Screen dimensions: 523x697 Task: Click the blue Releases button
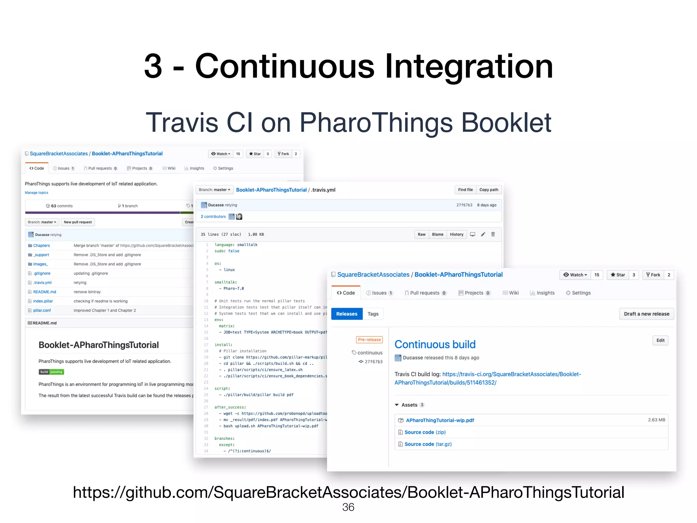coord(346,314)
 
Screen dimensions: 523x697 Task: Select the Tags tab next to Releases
coord(373,314)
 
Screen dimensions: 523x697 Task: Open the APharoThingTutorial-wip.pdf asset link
coord(440,420)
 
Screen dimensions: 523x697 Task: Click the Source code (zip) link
coord(425,432)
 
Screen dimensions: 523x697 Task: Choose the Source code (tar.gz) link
coord(428,444)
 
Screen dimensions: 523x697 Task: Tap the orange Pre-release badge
coord(369,339)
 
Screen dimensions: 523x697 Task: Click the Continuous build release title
coord(435,344)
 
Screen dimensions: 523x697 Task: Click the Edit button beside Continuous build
coord(660,340)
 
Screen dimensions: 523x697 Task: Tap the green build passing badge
coord(51,372)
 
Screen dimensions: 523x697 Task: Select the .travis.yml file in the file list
coord(43,283)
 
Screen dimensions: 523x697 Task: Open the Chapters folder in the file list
coord(42,245)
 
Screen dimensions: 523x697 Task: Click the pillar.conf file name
coord(42,311)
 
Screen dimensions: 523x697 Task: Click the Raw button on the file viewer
coord(421,234)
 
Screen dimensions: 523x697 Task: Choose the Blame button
coord(437,234)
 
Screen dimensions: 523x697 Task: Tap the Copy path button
coord(489,190)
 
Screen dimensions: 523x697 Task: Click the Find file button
coord(465,190)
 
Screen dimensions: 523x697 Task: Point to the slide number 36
coord(348,507)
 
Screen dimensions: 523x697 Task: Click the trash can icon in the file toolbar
coord(493,234)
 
